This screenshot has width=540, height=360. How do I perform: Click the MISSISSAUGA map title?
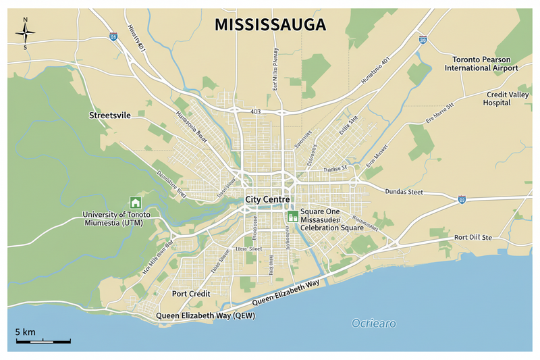pyautogui.click(x=270, y=25)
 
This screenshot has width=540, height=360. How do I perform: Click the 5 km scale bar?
pyautogui.click(x=43, y=342)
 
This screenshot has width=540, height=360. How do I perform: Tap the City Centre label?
pyautogui.click(x=267, y=200)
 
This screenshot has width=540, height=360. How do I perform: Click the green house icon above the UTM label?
pyautogui.click(x=135, y=202)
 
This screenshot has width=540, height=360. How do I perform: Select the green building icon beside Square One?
pyautogui.click(x=293, y=216)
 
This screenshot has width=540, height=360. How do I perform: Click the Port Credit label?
pyautogui.click(x=191, y=294)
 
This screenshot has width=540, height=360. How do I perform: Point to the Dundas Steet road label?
pyautogui.click(x=403, y=192)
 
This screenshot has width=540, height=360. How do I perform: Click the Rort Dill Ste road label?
pyautogui.click(x=473, y=237)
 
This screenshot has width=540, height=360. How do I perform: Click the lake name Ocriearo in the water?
pyautogui.click(x=373, y=324)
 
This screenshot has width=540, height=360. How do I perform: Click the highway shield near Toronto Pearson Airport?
pyautogui.click(x=423, y=41)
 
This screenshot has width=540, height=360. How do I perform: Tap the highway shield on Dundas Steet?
pyautogui.click(x=461, y=199)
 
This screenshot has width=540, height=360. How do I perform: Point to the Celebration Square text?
pyautogui.click(x=332, y=228)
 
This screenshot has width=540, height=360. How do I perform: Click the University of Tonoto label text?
pyautogui.click(x=117, y=215)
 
